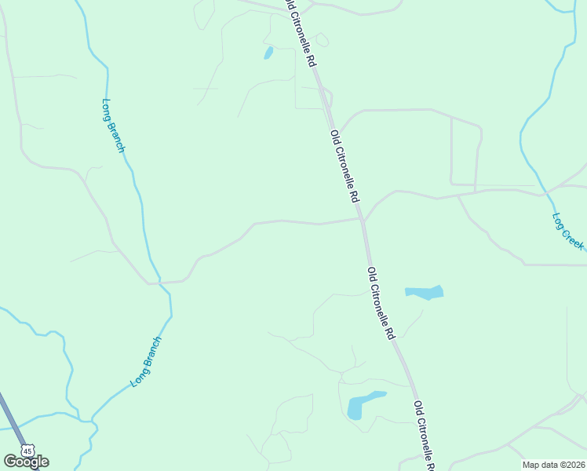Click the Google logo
tap(26, 462)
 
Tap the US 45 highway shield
tap(28, 451)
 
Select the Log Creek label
tap(567, 232)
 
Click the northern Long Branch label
tap(114, 125)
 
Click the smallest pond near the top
tap(268, 53)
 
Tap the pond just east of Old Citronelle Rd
tap(425, 293)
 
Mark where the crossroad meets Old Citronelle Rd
tap(363, 221)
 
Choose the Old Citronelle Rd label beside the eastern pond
tap(381, 302)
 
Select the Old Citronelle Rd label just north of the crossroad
tap(345, 166)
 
